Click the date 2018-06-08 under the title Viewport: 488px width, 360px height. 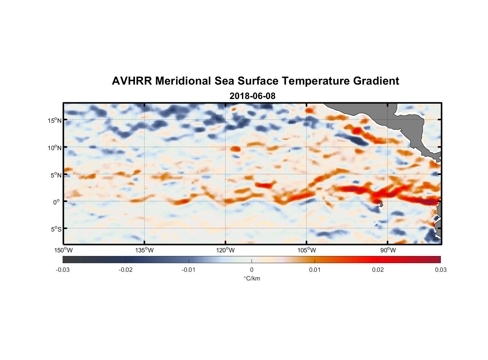pos(252,96)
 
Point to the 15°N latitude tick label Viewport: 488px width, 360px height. pos(55,120)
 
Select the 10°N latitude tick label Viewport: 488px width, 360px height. pos(55,148)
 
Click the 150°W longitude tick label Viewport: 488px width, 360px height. pos(64,250)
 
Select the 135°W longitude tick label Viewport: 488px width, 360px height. pos(145,250)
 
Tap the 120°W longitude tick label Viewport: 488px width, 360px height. pos(226,250)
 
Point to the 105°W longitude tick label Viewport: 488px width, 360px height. pos(307,250)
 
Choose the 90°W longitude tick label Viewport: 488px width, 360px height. pos(388,250)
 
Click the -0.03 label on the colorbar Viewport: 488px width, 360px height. pos(63,270)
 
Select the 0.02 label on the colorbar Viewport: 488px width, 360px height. pos(378,270)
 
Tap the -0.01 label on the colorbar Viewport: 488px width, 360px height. pos(189,270)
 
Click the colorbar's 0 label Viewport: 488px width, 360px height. pos(252,270)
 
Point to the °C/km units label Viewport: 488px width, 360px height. pos(252,278)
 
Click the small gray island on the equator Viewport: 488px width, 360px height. pos(381,204)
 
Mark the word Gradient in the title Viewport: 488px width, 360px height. pos(376,81)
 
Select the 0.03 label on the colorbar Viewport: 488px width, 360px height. pos(440,270)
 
